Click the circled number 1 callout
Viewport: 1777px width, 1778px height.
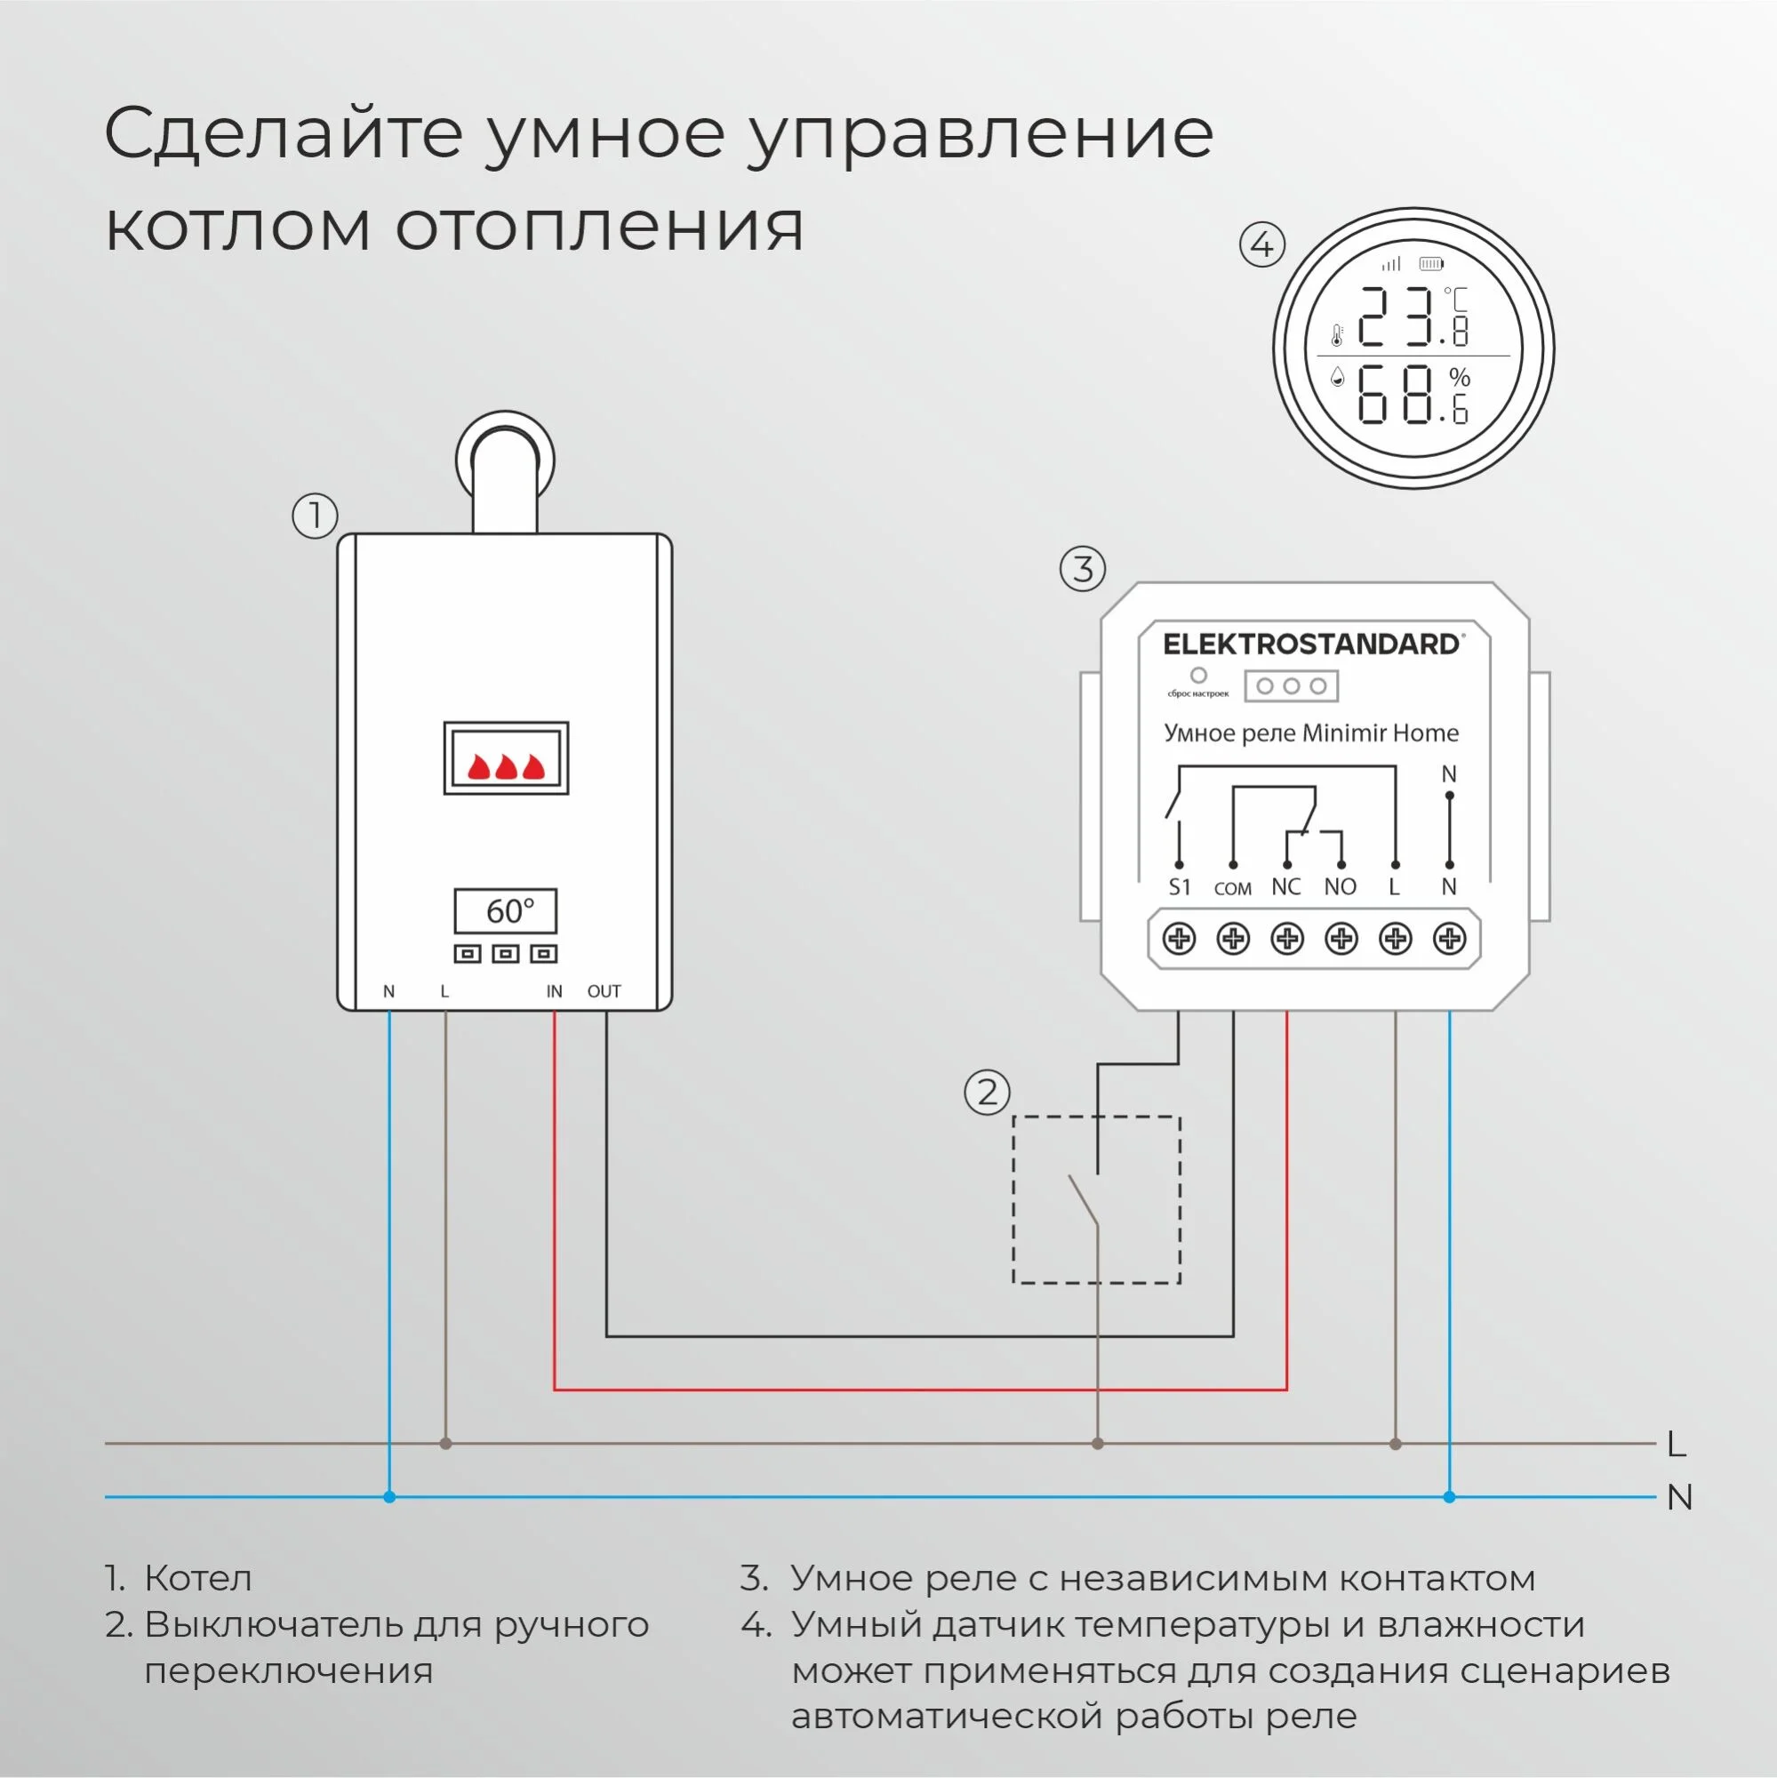pyautogui.click(x=315, y=516)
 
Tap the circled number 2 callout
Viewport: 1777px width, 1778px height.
pyautogui.click(x=987, y=1093)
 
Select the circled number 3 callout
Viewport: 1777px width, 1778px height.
pyautogui.click(x=1082, y=569)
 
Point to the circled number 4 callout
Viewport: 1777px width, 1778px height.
pyautogui.click(x=1261, y=244)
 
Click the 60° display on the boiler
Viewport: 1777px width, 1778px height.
pyautogui.click(x=505, y=911)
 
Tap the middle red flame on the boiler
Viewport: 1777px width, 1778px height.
pyautogui.click(x=506, y=765)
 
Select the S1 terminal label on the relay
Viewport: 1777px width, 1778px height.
pyautogui.click(x=1179, y=887)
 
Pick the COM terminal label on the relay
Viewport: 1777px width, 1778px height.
pyautogui.click(x=1232, y=889)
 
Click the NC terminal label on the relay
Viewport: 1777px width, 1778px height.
pyautogui.click(x=1285, y=886)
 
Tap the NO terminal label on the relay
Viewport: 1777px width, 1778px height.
pyautogui.click(x=1340, y=886)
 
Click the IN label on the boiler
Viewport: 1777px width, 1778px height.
pyautogui.click(x=554, y=991)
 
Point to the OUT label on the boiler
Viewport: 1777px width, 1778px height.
pyautogui.click(x=604, y=991)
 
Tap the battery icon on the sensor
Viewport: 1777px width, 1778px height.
pyautogui.click(x=1431, y=264)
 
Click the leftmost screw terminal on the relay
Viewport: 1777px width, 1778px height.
pyautogui.click(x=1179, y=939)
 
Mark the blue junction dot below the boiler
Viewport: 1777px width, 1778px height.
pyautogui.click(x=389, y=1497)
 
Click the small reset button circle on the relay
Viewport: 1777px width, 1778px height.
pyautogui.click(x=1198, y=676)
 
